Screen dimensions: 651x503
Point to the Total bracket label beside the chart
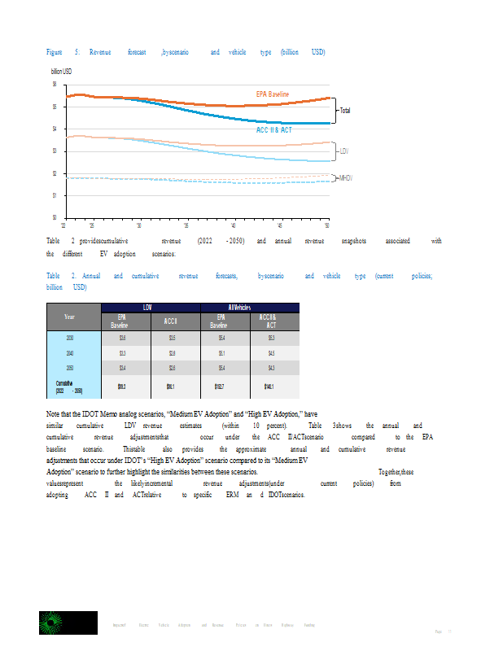tap(345, 110)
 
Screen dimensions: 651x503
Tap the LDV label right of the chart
tap(344, 151)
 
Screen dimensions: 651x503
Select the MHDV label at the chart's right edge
tap(347, 177)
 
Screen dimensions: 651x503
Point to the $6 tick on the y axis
tap(55, 84)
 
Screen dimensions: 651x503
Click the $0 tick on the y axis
tap(55, 217)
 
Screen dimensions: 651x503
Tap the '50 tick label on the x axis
tap(327, 225)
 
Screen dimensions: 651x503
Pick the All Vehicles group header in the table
tap(251, 307)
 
